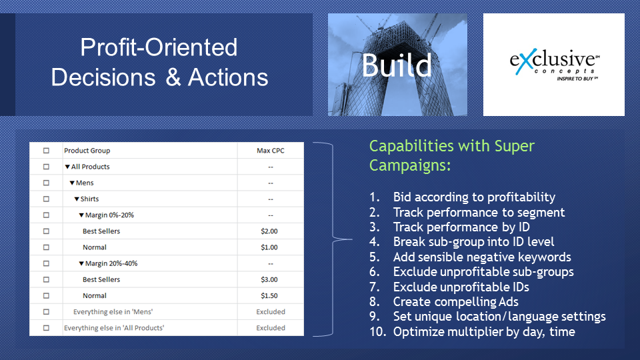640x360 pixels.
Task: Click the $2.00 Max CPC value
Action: pyautogui.click(x=269, y=231)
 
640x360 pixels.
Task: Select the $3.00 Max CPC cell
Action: pyautogui.click(x=269, y=279)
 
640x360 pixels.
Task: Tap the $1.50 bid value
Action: pyautogui.click(x=269, y=295)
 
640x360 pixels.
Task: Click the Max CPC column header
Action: pyautogui.click(x=270, y=151)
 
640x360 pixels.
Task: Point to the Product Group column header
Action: pyautogui.click(x=87, y=151)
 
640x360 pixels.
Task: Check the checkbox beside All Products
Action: pyautogui.click(x=46, y=167)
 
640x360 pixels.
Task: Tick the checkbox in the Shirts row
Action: pyautogui.click(x=46, y=199)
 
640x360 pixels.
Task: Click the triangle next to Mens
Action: pyautogui.click(x=72, y=183)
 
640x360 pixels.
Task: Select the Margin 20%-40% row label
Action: pyautogui.click(x=111, y=263)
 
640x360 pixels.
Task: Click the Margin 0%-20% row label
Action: pyautogui.click(x=109, y=215)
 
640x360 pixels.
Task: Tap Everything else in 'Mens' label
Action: pyautogui.click(x=113, y=312)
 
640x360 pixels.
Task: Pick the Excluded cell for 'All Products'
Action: pyautogui.click(x=271, y=328)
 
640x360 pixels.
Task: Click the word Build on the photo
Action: pyautogui.click(x=396, y=65)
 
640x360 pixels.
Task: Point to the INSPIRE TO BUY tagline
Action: pyautogui.click(x=577, y=79)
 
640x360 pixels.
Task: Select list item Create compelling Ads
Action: pyautogui.click(x=455, y=301)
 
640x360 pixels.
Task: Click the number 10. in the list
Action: pyautogui.click(x=378, y=332)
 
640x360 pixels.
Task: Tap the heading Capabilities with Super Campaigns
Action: pyautogui.click(x=451, y=155)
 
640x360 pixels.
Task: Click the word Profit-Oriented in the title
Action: pyautogui.click(x=159, y=47)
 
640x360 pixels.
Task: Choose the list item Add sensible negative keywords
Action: pyautogui.click(x=482, y=257)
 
